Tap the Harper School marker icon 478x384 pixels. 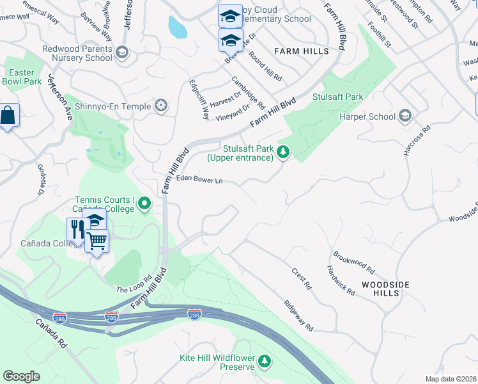coord(405,116)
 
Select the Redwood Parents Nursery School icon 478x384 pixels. coord(122,52)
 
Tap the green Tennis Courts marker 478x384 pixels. coord(144,205)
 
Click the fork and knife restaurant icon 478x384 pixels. coord(75,229)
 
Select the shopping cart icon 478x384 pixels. coord(96,241)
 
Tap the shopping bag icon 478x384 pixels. coord(8,116)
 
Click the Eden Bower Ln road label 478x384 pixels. coord(199,180)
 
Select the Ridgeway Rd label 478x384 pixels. coord(298,316)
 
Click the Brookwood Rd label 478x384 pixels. coord(353,262)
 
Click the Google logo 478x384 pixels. coord(21,376)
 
